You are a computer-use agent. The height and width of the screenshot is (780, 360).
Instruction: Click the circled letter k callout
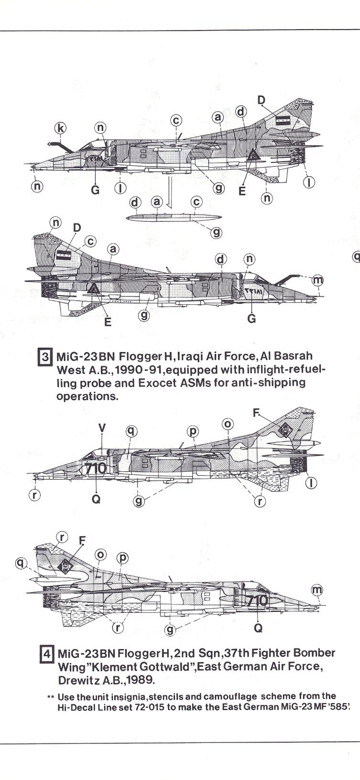point(60,128)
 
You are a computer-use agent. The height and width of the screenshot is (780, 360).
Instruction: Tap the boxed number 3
point(45,357)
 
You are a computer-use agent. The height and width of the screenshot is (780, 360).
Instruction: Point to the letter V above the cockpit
point(101,428)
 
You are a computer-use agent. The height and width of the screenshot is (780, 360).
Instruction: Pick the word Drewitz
point(80,680)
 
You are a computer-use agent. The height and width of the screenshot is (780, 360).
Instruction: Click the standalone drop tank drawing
point(173,216)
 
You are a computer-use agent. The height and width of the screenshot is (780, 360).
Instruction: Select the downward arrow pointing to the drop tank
point(167,193)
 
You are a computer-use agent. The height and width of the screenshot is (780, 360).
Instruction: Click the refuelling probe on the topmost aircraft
point(59,145)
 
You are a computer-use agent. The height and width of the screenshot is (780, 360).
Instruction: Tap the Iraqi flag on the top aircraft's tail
point(283,121)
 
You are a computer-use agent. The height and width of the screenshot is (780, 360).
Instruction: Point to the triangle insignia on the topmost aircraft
point(254,156)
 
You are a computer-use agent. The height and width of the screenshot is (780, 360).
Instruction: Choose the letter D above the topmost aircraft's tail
point(261,100)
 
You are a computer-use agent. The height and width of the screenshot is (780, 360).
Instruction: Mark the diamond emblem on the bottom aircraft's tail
point(65,566)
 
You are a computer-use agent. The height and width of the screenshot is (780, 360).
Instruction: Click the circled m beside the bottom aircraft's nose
point(317,590)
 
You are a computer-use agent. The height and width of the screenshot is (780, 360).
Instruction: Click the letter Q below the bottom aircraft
point(258,628)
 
